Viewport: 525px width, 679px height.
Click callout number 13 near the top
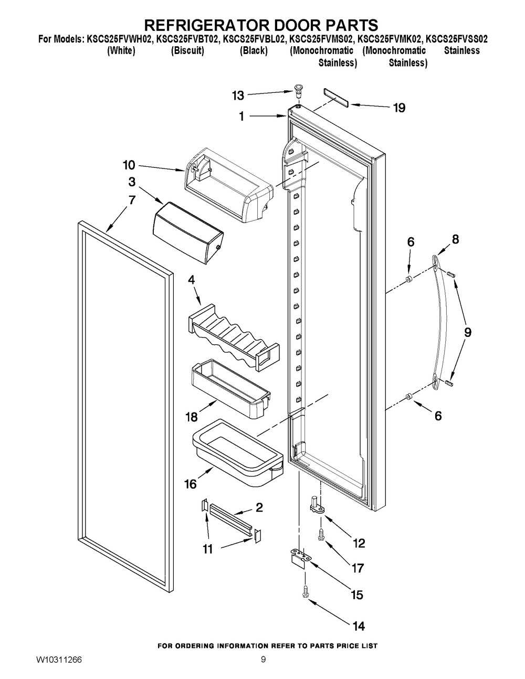(x=238, y=95)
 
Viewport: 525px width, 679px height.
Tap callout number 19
(x=399, y=108)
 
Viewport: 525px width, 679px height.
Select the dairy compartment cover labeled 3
(x=187, y=230)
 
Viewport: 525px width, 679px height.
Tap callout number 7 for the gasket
(x=132, y=200)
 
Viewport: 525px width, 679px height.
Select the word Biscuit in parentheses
(x=187, y=51)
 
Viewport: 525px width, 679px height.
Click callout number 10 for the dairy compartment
(x=129, y=166)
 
